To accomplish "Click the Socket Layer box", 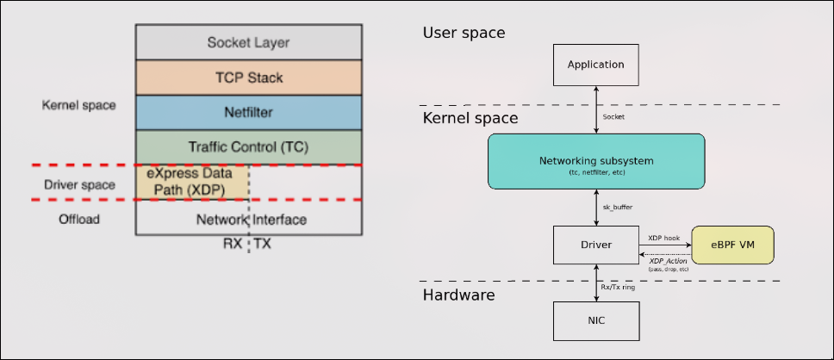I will (248, 42).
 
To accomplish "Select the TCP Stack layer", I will (248, 78).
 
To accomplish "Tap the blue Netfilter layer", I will (248, 112).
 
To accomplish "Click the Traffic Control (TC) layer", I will (248, 147).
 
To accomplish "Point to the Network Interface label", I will (251, 220).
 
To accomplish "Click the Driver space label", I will (78, 185).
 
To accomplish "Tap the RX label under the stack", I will (233, 244).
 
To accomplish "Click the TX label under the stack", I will (263, 244).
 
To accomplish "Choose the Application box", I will (595, 65).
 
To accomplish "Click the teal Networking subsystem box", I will (596, 161).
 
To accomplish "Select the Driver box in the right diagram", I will (595, 245).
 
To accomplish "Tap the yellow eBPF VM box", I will (733, 245).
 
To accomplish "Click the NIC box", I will (595, 321).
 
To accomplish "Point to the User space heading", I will (464, 33).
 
